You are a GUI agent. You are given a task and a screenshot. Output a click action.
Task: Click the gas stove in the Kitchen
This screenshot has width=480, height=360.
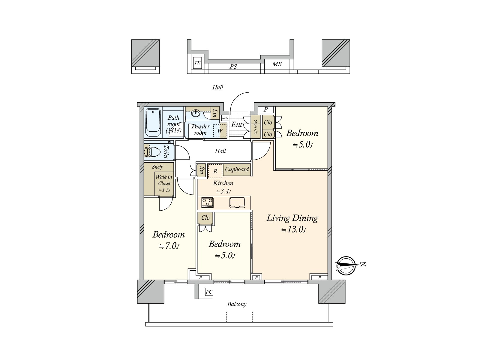pos(207,202)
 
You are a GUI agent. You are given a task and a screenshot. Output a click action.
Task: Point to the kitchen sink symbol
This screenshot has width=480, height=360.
pos(237,202)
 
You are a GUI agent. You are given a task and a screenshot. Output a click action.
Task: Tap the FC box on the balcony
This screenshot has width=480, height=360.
pos(209,292)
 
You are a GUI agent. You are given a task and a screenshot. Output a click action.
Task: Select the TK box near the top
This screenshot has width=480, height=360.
pos(197,63)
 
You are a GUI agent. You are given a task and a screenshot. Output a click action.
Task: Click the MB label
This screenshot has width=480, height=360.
pos(277,64)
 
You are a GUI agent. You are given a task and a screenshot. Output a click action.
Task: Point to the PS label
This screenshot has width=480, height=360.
pos(233,67)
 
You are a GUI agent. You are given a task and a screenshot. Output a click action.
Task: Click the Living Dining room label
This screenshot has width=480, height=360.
pos(292,218)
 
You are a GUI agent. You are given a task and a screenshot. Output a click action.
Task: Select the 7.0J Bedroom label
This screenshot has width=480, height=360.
pos(168,235)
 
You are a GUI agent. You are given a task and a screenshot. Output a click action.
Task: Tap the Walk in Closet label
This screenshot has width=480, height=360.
pos(164,180)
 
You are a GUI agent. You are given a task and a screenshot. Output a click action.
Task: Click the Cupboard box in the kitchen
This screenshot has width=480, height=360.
pos(237,169)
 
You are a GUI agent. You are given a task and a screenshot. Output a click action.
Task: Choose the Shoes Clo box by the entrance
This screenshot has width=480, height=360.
pos(256,127)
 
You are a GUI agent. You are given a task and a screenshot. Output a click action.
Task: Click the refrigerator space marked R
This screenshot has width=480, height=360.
pos(215,171)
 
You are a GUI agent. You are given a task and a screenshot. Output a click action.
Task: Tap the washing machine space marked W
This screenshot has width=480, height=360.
pos(220,130)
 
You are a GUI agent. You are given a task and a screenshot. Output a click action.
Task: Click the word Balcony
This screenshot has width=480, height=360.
pos(237,304)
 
